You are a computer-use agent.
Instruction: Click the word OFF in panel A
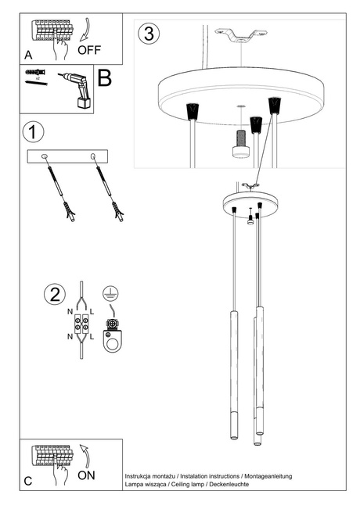pyautogui.click(x=89, y=50)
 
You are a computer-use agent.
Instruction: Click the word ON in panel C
pyautogui.click(x=87, y=475)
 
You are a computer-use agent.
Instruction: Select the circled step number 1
pyautogui.click(x=32, y=130)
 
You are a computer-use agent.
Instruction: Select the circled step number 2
pyautogui.click(x=53, y=295)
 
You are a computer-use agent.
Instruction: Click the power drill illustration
pyautogui.click(x=75, y=88)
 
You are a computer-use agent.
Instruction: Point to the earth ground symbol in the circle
pyautogui.click(x=112, y=296)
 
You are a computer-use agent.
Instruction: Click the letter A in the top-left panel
pyautogui.click(x=28, y=56)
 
